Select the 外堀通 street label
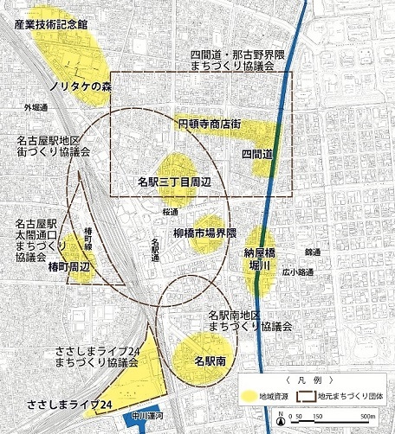coord(36,107)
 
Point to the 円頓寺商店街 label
coord(208,124)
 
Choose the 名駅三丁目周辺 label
coord(174,182)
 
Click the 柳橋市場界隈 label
coord(198,234)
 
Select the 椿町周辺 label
coord(68,267)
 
